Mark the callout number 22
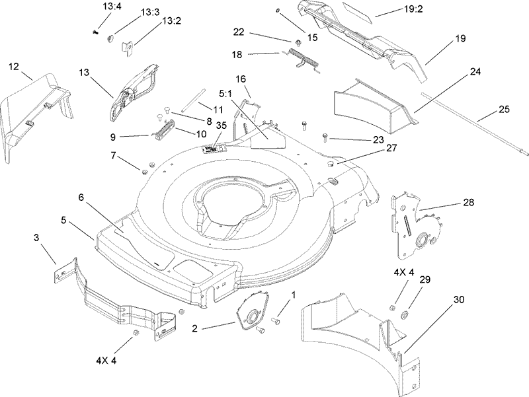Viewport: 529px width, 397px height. (239, 31)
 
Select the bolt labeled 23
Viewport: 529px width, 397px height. (325, 137)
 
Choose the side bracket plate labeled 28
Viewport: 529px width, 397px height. (413, 225)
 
